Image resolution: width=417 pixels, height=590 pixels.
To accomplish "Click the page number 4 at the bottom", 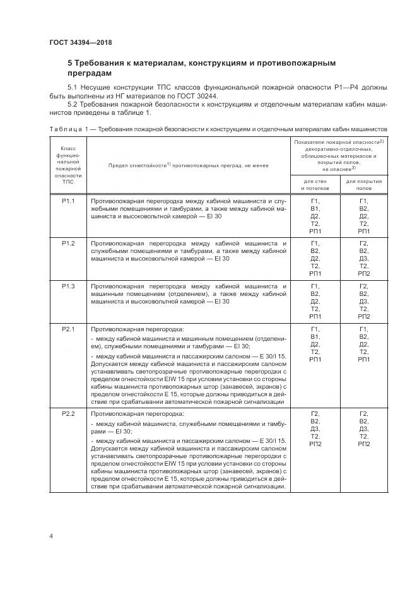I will pos(50,536).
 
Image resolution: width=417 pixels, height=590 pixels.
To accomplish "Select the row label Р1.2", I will pos(68,243).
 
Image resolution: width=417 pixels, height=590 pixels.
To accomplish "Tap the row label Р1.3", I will pos(68,286).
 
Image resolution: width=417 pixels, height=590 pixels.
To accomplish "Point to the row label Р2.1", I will pos(68,329).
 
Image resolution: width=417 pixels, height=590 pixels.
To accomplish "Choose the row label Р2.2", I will pos(68,413).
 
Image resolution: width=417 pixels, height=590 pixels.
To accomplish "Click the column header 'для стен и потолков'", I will pos(315,184).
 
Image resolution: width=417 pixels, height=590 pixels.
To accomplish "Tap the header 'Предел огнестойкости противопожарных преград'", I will pos(188,165).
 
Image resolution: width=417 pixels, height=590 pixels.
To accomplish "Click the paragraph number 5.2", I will pos(71,104).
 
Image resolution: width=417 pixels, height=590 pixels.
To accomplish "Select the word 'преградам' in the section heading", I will pos(94,73).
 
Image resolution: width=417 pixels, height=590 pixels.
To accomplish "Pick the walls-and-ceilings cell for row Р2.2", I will pos(315,428).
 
